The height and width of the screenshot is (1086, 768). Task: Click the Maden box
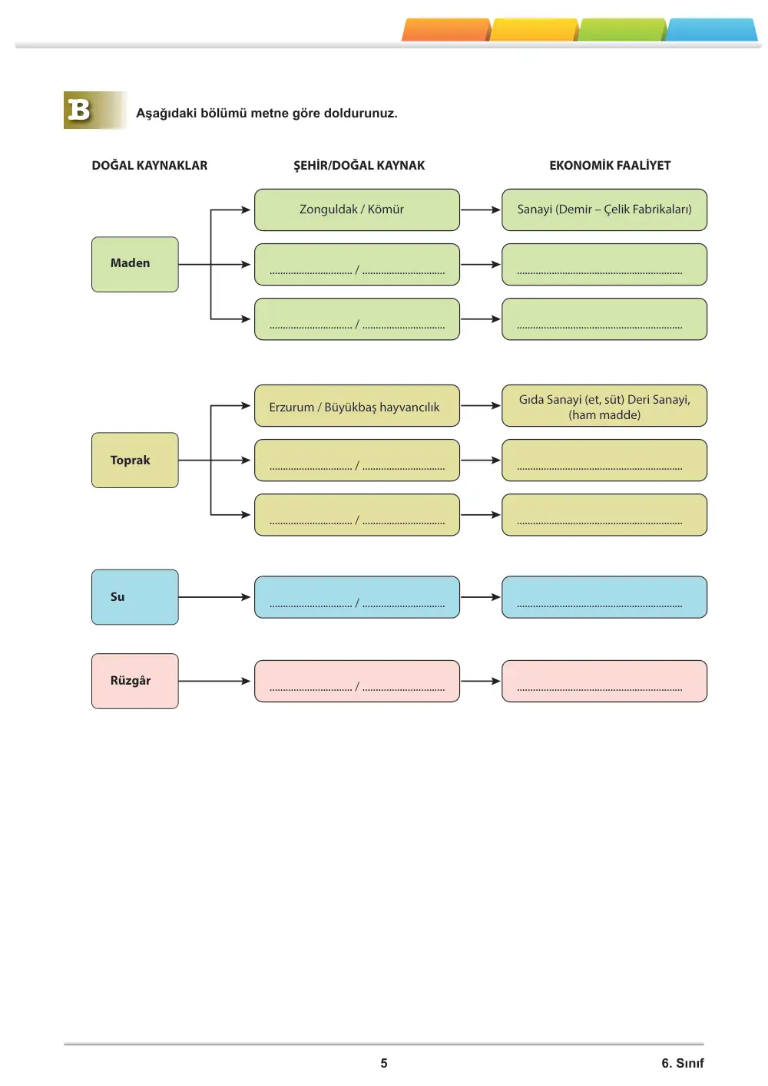coord(135,264)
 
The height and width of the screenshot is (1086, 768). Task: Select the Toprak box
coord(135,460)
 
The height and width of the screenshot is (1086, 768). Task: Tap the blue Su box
coord(135,597)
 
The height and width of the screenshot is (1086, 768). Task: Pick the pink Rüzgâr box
coord(135,681)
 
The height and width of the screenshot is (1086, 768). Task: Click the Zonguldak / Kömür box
coord(357,210)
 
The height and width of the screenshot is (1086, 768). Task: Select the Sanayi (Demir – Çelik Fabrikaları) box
coord(604,210)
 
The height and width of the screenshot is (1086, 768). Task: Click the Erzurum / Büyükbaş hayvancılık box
coord(357,405)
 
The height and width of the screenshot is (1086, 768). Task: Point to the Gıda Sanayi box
coord(604,405)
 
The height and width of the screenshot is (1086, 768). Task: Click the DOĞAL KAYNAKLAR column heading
coord(150,165)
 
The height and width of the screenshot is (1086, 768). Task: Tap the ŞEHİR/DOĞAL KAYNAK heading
coord(359,165)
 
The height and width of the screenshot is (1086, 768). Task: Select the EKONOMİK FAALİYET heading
coord(610,165)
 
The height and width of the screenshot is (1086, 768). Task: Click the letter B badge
coord(95,110)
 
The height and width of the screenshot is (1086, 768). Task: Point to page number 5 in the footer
coord(384,1063)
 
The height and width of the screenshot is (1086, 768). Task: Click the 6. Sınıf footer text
coord(683,1063)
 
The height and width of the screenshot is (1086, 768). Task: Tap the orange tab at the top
coord(446,30)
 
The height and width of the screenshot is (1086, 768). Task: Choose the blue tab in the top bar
coord(711,30)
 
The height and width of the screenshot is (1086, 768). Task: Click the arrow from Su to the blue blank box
coord(214,597)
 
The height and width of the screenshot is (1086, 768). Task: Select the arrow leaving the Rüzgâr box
coord(214,681)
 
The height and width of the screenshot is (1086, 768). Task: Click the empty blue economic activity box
coord(604,597)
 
